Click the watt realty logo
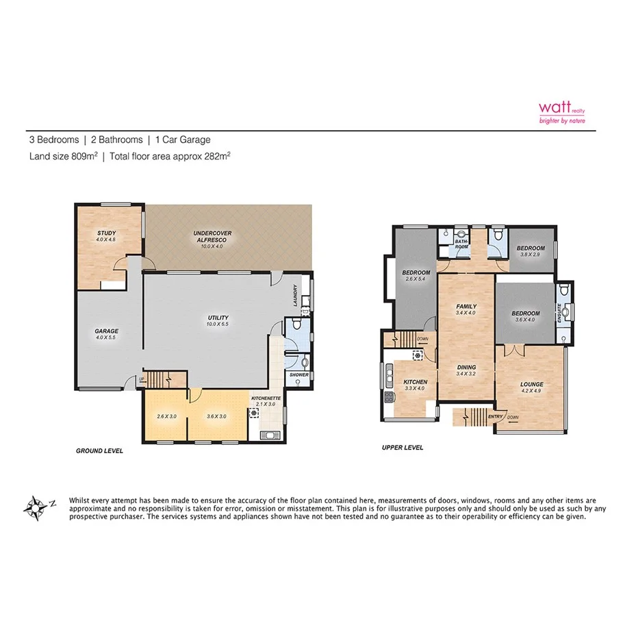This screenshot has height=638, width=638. [x=561, y=111]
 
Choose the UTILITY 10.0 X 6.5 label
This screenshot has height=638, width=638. [x=218, y=321]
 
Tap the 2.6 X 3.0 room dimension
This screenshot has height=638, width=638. [x=166, y=416]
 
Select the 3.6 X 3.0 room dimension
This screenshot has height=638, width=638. [x=216, y=416]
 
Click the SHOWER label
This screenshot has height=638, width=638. [x=299, y=375]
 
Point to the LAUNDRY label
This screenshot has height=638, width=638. [x=296, y=301]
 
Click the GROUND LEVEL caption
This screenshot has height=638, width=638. [x=99, y=451]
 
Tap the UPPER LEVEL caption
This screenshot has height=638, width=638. [x=402, y=448]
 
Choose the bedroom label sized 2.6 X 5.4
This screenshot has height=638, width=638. [x=416, y=276]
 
